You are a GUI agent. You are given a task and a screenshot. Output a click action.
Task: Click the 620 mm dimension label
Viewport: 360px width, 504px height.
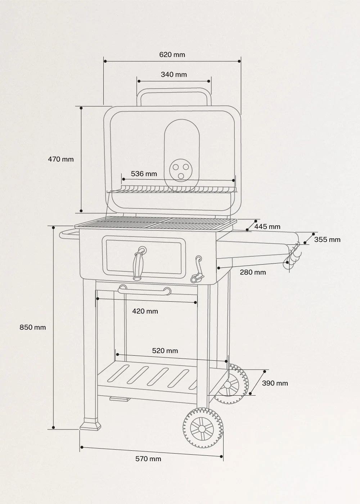(172, 55)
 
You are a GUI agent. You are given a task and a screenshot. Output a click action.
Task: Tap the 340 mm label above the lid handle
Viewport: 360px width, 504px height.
(174, 75)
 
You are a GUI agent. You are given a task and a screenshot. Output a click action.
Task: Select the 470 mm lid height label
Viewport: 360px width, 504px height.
(61, 159)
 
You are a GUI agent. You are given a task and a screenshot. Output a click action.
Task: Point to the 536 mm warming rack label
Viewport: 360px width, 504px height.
(144, 174)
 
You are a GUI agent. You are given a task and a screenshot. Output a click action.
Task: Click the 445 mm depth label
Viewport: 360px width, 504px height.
(267, 226)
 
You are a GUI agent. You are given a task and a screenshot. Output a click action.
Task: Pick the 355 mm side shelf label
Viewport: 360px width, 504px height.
(327, 239)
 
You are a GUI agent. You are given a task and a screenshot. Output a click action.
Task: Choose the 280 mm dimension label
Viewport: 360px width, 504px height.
(253, 272)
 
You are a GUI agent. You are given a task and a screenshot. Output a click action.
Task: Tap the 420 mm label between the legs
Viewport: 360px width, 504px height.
(145, 311)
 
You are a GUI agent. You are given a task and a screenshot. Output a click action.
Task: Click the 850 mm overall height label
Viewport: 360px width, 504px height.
(33, 327)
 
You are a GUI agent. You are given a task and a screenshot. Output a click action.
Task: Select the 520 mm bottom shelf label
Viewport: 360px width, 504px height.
(165, 351)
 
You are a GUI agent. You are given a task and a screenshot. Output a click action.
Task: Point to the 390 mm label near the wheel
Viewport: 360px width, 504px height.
(275, 383)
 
